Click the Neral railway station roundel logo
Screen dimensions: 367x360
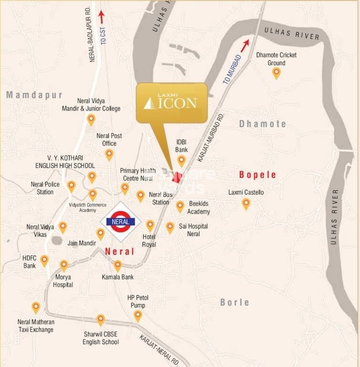[121, 222]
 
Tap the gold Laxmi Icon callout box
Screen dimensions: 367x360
[172, 102]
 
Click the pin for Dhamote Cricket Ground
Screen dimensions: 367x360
[276, 73]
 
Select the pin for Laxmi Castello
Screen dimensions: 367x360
[246, 204]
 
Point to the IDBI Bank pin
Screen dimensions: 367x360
[181, 161]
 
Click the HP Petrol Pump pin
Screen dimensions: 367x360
[138, 316]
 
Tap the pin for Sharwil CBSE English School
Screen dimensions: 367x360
[101, 320]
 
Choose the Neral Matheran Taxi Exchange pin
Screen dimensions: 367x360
[36, 308]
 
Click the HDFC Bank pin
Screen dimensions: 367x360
[44, 260]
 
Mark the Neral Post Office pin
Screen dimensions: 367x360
[109, 154]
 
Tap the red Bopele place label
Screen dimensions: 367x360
[258, 175]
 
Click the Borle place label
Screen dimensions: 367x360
[234, 302]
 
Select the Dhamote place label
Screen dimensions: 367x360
[263, 124]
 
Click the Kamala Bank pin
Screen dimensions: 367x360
[117, 266]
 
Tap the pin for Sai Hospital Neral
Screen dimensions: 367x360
[170, 227]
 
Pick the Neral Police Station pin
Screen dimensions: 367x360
[71, 186]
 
